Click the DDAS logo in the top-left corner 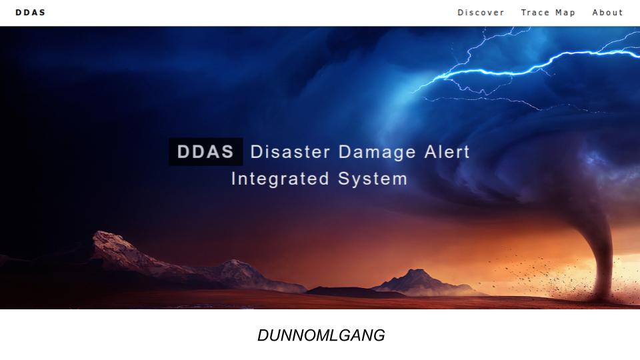pos(31,13)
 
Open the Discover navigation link pos(481,13)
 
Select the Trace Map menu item pos(548,13)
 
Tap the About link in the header pos(607,13)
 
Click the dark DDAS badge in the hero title pos(205,152)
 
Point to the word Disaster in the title pos(290,152)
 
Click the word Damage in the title pos(377,152)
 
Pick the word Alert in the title pos(447,152)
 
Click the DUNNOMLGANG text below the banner pos(321,335)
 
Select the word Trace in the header pos(535,13)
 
